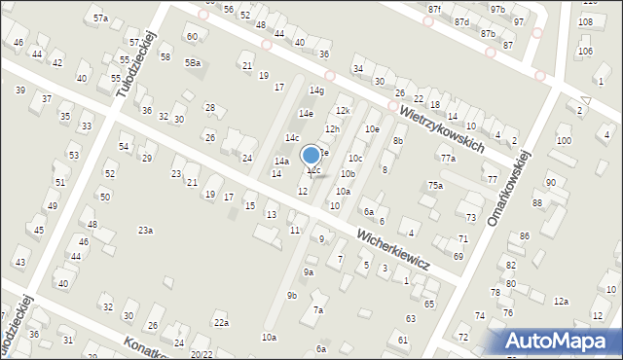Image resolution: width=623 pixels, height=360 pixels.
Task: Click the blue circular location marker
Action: coord(311,155)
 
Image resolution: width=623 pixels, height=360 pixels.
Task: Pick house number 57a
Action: coord(100,18)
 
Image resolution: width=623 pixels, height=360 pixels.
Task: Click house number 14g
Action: coord(316,90)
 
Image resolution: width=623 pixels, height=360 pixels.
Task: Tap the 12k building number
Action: coord(343,111)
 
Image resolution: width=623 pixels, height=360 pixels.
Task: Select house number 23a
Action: coord(145,230)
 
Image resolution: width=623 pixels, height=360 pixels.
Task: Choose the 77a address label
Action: coord(447,158)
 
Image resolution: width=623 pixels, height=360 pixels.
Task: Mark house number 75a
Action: coord(435,185)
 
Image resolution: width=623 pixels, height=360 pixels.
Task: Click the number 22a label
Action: coord(222,323)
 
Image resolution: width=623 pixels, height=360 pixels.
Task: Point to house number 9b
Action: coord(291,295)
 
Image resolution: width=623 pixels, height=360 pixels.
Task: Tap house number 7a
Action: coord(317,310)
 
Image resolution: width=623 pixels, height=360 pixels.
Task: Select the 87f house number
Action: coord(434,9)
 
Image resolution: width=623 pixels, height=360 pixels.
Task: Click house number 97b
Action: coord(497,9)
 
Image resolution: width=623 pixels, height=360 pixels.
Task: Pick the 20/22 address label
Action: coord(201,354)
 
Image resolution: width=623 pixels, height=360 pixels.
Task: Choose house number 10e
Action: coord(371,128)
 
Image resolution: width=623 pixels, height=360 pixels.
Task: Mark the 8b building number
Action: coord(397,141)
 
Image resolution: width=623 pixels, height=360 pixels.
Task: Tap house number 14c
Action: coord(292,138)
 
